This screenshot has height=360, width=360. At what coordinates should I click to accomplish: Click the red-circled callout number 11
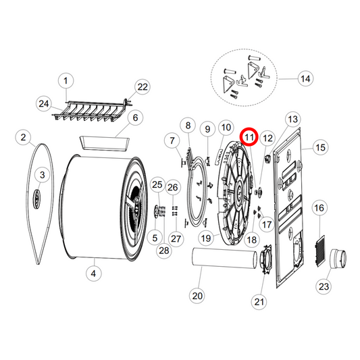(x=250, y=137)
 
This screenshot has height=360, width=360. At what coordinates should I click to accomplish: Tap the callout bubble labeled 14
(x=305, y=79)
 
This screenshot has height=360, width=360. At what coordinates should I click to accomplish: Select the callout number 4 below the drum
(x=93, y=274)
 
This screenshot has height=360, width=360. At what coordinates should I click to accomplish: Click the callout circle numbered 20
(x=197, y=294)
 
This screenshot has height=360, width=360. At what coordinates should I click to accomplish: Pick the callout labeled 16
(x=319, y=208)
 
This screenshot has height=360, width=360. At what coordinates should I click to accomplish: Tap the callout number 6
(x=134, y=118)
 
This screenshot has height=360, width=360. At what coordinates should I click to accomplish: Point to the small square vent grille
(x=319, y=239)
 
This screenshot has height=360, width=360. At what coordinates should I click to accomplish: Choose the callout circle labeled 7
(x=171, y=140)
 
